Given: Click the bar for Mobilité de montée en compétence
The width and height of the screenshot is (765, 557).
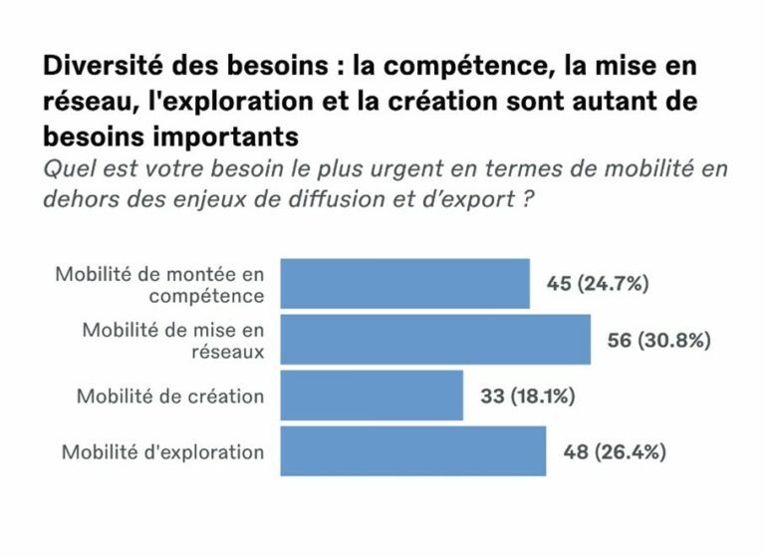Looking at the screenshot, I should click(404, 283).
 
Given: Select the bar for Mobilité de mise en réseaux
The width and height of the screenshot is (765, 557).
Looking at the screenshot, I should click(435, 340).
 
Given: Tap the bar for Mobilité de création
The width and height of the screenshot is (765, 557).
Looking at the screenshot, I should click(372, 396).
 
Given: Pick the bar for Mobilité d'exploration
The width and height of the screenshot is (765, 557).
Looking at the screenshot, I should click(412, 451).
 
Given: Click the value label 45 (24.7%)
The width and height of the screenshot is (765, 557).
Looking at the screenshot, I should click(598, 284).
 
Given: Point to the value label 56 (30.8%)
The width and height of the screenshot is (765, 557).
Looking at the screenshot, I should click(658, 340).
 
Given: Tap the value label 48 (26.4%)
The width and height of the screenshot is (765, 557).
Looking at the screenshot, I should click(615, 452).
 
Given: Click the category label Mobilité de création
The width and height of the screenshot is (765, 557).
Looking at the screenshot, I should click(170, 397).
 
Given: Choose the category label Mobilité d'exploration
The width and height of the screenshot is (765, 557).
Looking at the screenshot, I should click(163, 452).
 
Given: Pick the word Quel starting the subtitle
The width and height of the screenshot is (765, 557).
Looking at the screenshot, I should click(64, 167).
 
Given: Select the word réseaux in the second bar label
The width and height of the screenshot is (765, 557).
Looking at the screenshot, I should click(230, 352).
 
